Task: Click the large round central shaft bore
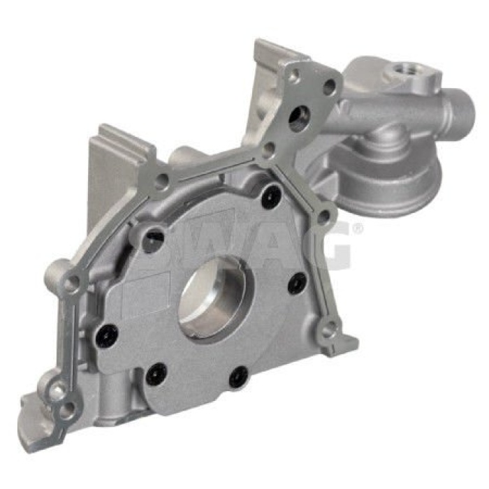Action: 217,299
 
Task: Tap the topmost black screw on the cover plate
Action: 271,194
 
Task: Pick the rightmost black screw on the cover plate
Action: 297,283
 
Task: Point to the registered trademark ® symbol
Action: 358,228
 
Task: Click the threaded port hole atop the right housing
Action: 403,70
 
